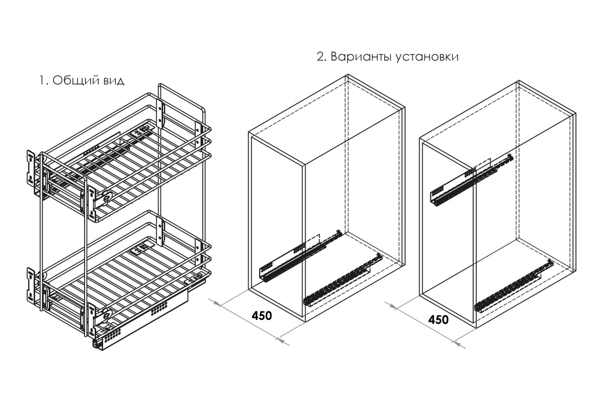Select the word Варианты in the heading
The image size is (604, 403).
pyautogui.click(x=362, y=57)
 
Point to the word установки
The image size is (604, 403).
pyautogui.click(x=427, y=57)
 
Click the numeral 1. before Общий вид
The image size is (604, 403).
pyautogui.click(x=44, y=81)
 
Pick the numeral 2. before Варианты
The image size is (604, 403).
pyautogui.click(x=322, y=57)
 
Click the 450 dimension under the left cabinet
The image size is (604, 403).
pyautogui.click(x=262, y=315)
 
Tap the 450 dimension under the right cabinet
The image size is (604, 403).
pyautogui.click(x=438, y=319)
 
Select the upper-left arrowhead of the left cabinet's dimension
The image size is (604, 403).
pyautogui.click(x=217, y=304)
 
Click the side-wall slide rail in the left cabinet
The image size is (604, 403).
pyautogui.click(x=300, y=256)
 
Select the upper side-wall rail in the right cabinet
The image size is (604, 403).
pyautogui.click(x=471, y=180)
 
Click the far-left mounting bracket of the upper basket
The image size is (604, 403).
pyautogui.click(x=31, y=168)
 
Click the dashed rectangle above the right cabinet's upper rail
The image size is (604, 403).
pyautogui.click(x=483, y=164)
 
